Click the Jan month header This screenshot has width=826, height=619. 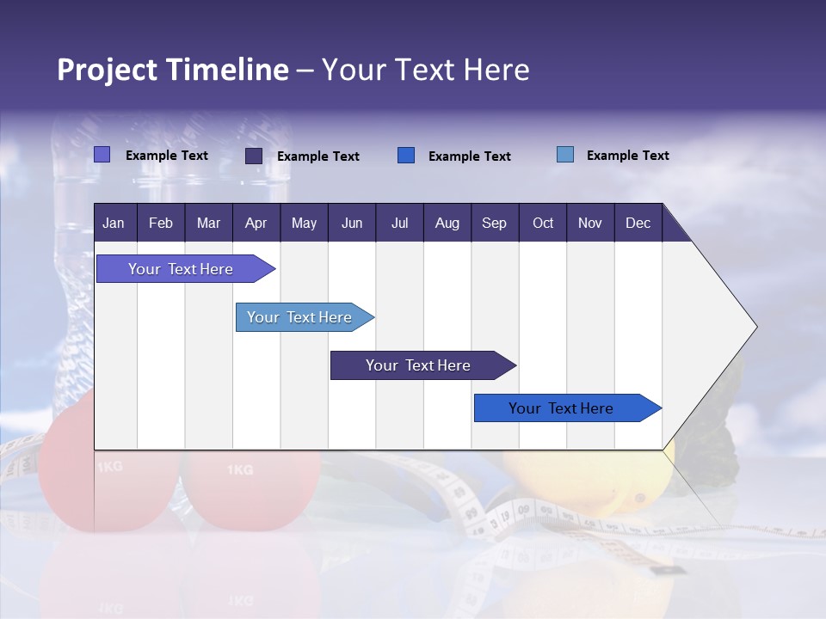(114, 224)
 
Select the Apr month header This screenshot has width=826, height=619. (256, 224)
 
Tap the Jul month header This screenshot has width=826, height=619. (399, 224)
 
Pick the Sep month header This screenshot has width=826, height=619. (494, 224)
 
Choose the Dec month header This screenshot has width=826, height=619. (638, 224)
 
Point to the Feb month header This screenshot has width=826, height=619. (161, 224)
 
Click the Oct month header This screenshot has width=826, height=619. (543, 224)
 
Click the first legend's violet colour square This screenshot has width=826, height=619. (102, 155)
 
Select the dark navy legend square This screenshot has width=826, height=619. (254, 156)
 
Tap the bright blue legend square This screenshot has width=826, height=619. (406, 156)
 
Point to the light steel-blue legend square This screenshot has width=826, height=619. (564, 155)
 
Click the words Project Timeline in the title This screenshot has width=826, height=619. (172, 70)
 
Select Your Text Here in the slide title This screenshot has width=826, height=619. (425, 70)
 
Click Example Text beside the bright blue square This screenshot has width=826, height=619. (469, 156)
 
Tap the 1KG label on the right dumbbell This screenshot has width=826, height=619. (240, 470)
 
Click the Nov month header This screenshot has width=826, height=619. (590, 224)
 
